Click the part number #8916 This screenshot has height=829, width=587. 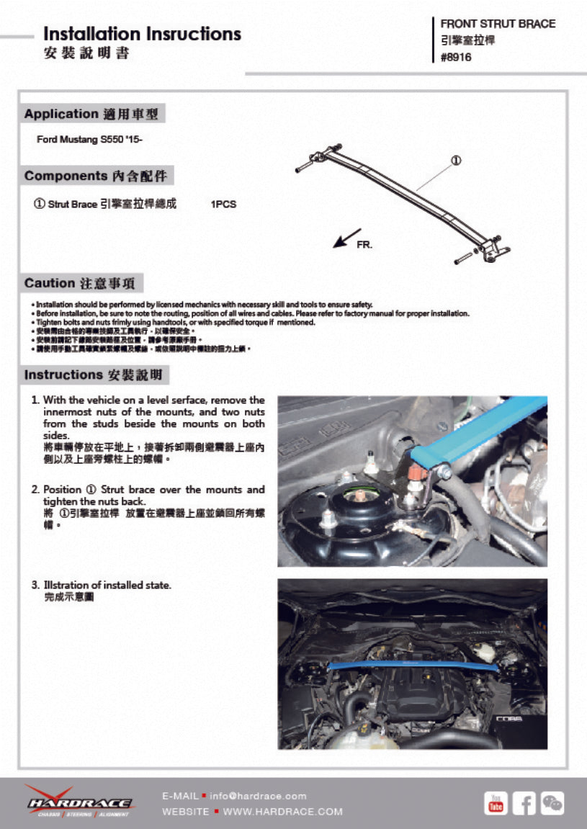coord(456,58)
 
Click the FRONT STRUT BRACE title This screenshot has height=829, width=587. coord(498,24)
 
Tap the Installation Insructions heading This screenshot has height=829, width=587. coord(142,34)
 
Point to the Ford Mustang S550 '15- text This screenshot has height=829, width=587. coord(89,139)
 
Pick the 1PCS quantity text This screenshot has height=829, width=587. coord(223,205)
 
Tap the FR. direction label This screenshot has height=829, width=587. coord(364,245)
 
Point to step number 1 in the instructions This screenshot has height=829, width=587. coord(35,400)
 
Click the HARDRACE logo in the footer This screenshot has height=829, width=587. coord(80,802)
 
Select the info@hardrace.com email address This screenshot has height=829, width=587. coord(258,796)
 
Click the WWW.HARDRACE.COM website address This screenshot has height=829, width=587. coord(283,812)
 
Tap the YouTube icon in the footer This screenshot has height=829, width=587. coord(496,802)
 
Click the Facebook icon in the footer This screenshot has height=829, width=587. coord(524,802)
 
